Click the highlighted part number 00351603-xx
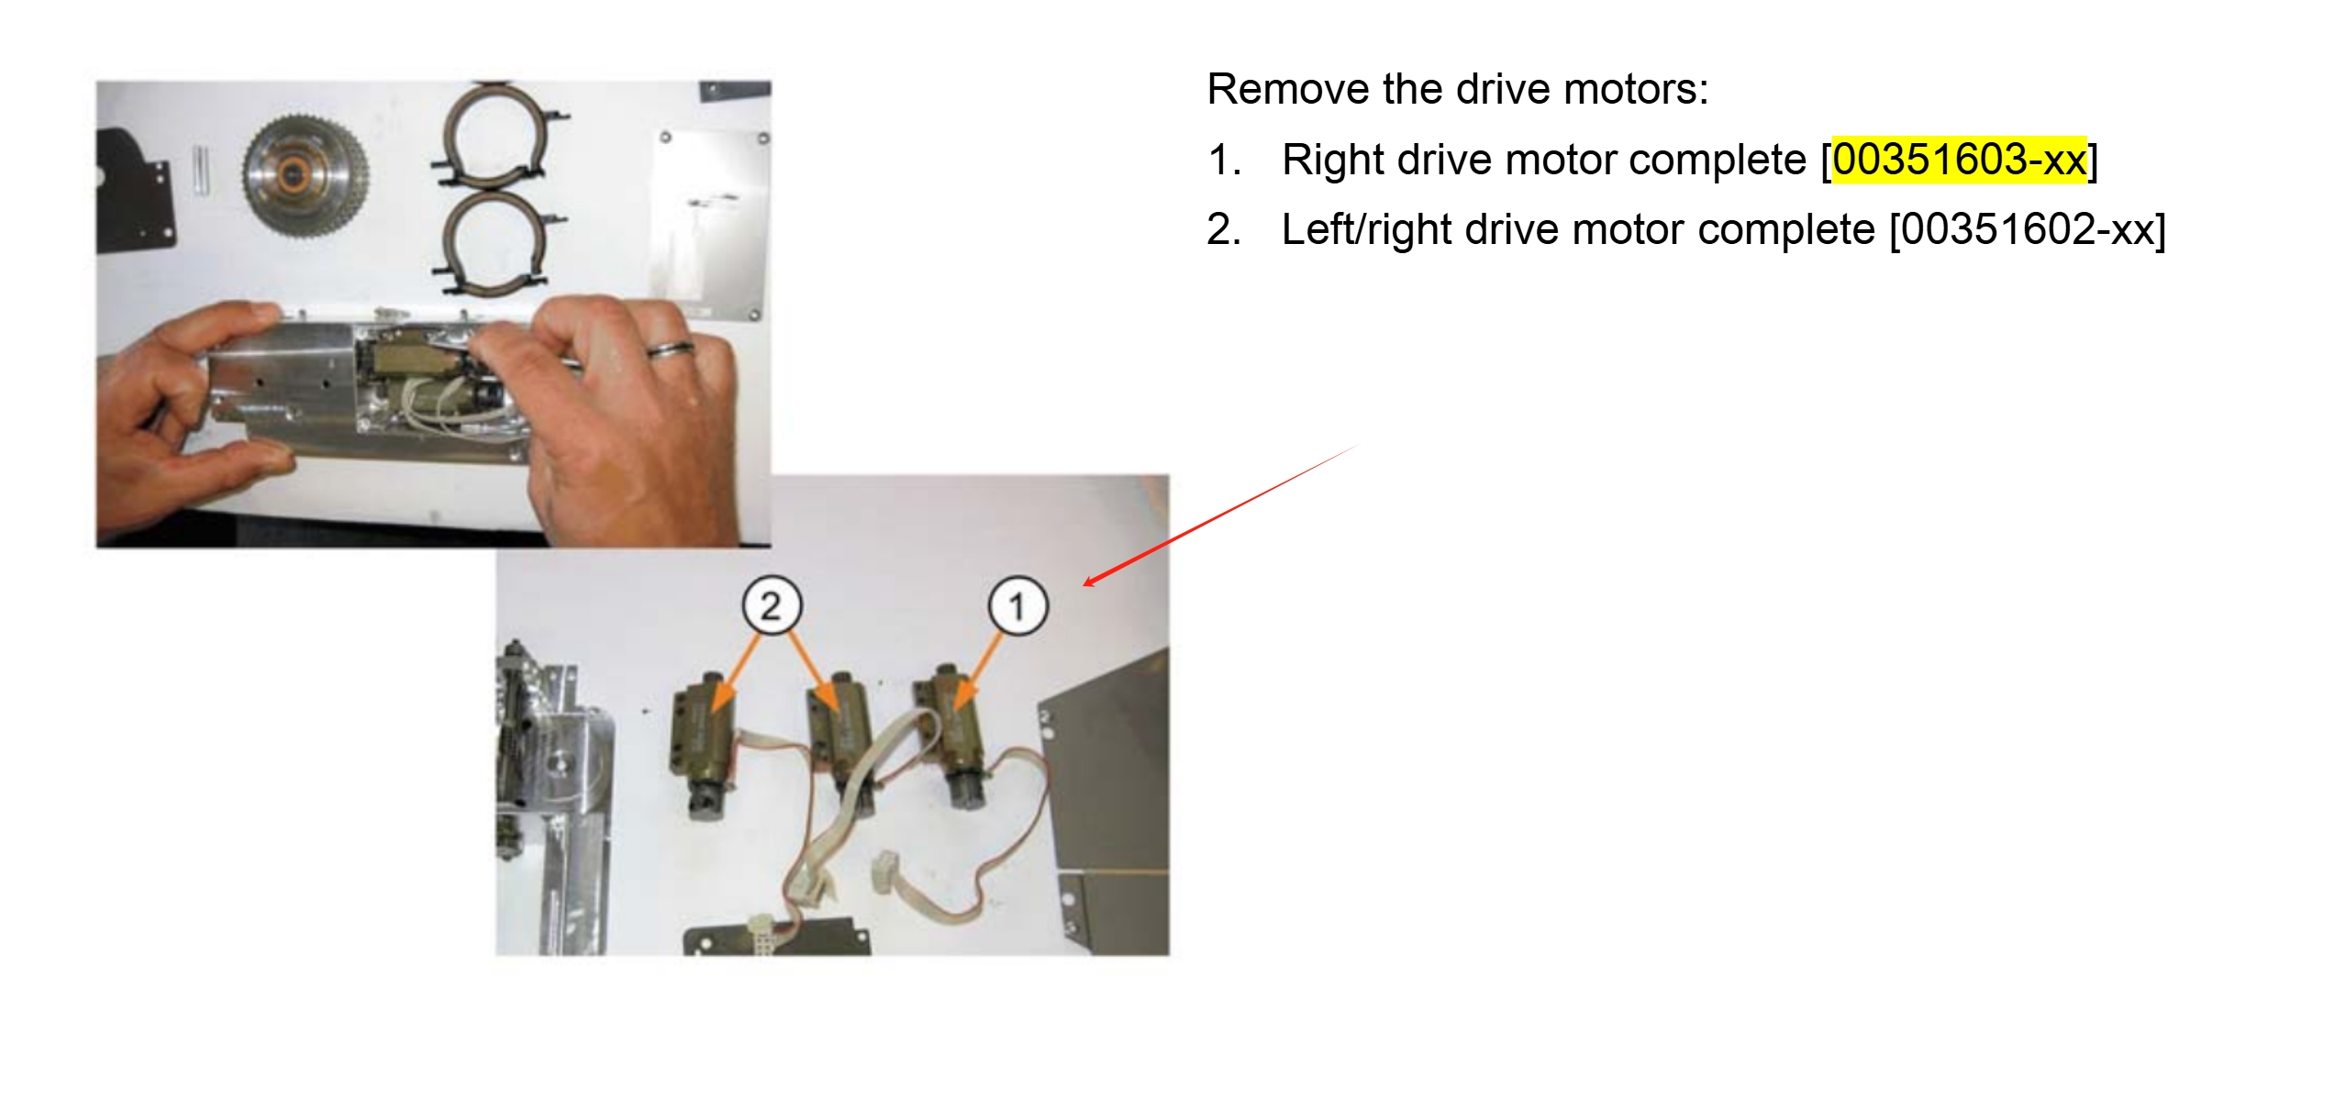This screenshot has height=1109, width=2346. [x=1959, y=160]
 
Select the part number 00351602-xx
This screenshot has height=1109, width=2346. [x=2028, y=229]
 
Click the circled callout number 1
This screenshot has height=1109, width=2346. [x=1017, y=605]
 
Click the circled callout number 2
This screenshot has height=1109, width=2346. [x=771, y=605]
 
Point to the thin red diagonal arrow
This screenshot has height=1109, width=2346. [x=1220, y=514]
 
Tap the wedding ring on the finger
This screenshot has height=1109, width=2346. [x=672, y=349]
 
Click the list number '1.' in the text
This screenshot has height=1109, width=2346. [x=1224, y=160]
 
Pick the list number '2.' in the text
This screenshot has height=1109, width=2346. [x=1224, y=229]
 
